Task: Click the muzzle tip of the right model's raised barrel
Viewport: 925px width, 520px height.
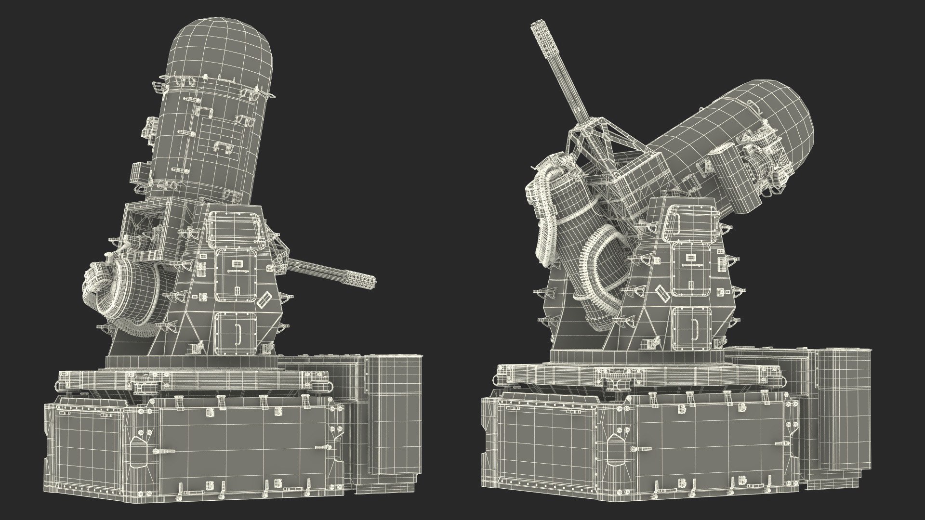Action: (x=535, y=27)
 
